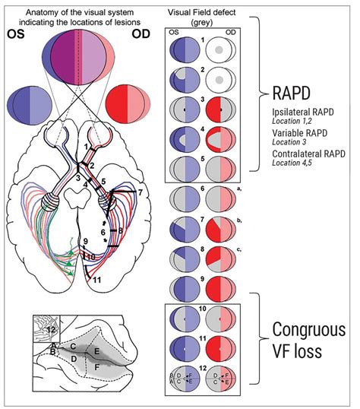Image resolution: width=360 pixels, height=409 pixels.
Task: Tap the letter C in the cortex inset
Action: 72,347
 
